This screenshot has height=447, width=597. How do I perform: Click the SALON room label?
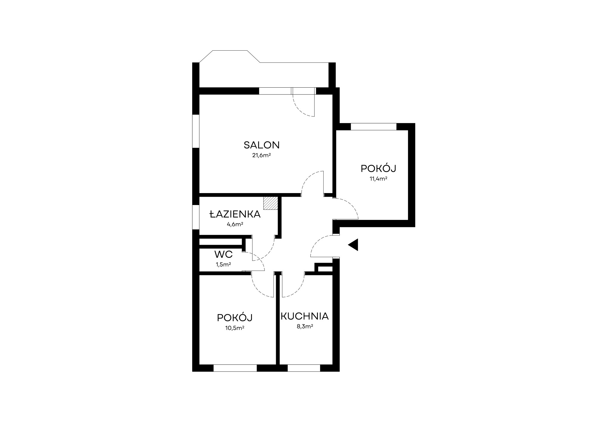tap(261, 145)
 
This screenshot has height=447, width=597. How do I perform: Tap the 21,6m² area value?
tap(261, 155)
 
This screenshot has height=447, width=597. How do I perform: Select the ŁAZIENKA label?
tap(235, 214)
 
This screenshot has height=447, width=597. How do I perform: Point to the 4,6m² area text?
tap(235, 224)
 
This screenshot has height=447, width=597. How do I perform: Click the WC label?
tap(223, 254)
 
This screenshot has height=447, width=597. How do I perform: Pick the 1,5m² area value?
tap(223, 264)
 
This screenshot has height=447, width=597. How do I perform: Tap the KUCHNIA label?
tap(304, 316)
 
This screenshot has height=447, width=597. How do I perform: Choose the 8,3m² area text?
tap(304, 326)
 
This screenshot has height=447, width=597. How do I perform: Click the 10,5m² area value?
tap(235, 328)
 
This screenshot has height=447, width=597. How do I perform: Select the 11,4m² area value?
tap(378, 179)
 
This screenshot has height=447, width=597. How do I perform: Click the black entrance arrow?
tap(353, 245)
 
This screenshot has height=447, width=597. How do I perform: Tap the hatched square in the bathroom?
tap(270, 203)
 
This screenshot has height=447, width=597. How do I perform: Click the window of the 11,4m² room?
tap(373, 127)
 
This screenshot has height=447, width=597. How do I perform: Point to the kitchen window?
tap(304, 368)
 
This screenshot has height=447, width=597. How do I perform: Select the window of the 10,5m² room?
tap(235, 368)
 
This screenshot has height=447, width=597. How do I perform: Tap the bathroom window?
tap(196, 217)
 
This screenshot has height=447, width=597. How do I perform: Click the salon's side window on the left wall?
tap(196, 131)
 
